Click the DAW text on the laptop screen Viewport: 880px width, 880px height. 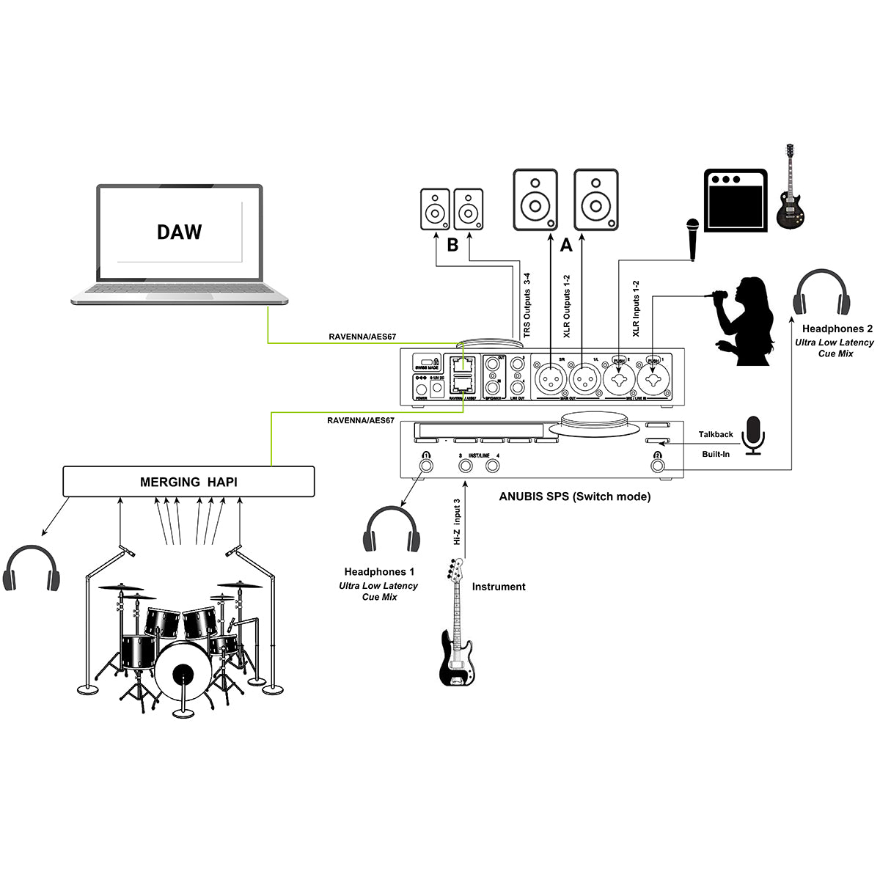(179, 232)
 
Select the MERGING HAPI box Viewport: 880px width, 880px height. (188, 482)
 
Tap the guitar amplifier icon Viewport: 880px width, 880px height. (735, 200)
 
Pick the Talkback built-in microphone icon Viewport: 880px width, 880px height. (753, 436)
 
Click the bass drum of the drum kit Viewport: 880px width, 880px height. (180, 674)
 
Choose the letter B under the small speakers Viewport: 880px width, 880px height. (452, 245)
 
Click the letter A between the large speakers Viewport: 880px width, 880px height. (565, 246)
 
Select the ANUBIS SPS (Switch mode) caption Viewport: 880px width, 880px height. (574, 496)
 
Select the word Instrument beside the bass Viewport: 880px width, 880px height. (499, 587)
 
